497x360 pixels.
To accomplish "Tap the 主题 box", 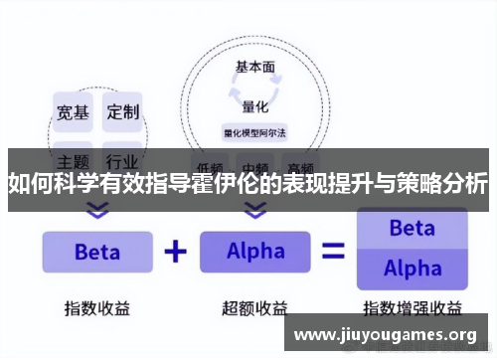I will [x=72, y=159].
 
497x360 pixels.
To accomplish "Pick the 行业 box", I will [x=123, y=159].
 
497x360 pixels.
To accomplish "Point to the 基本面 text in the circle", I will [x=254, y=68].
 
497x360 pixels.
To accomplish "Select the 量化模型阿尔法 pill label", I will [x=254, y=131].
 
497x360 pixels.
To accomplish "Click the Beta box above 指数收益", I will [x=96, y=252].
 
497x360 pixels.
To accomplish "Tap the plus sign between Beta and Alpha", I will [x=175, y=252].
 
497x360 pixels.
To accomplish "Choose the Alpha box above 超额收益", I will [x=255, y=252].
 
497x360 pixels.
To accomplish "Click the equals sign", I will [x=333, y=252].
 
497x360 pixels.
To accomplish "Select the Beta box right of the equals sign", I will [x=412, y=229].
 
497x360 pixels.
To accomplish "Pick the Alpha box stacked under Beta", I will [x=412, y=269].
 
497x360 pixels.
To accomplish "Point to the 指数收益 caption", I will [x=96, y=308].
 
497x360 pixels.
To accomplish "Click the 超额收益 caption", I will [x=255, y=308].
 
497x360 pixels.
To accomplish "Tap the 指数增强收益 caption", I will [x=412, y=308].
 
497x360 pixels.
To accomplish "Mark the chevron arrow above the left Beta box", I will [x=97, y=210].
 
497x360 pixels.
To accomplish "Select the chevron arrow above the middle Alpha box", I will [x=255, y=210].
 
